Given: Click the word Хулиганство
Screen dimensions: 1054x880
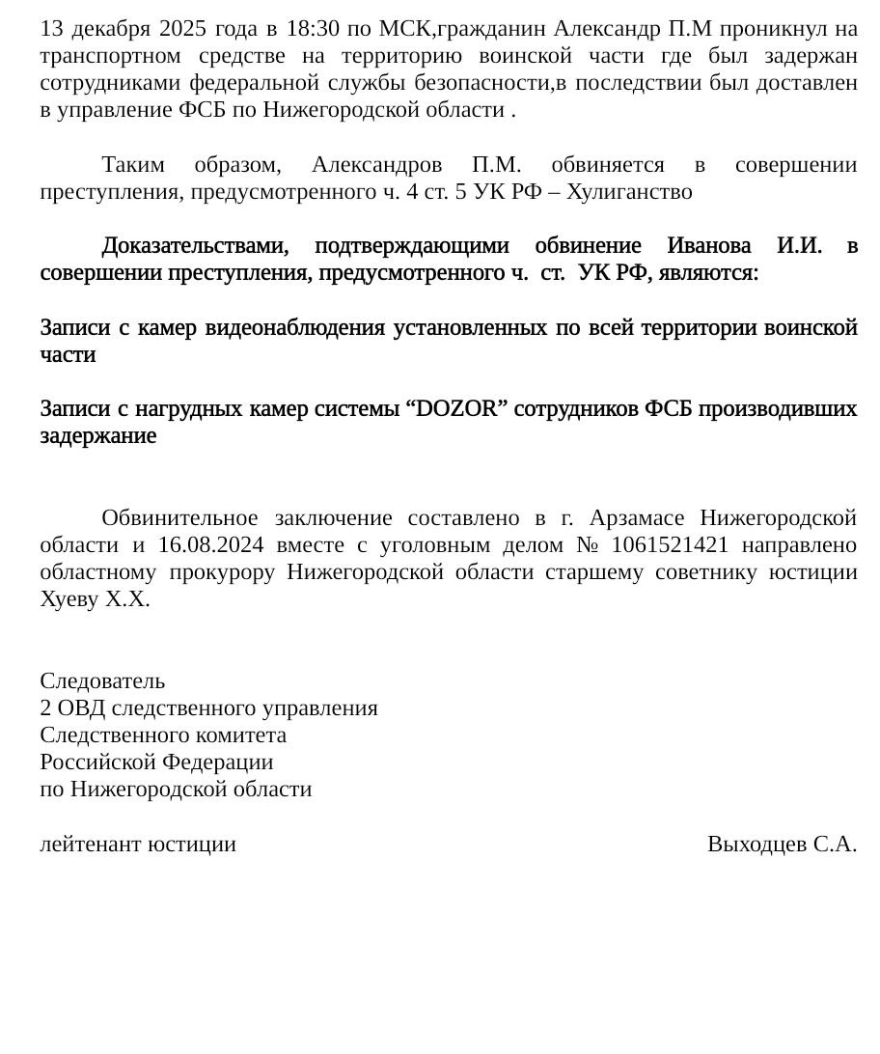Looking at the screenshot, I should coord(629,192).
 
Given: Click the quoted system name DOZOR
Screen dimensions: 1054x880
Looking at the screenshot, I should coord(460,409).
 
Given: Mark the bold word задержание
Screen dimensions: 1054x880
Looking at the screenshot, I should coord(98,436).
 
